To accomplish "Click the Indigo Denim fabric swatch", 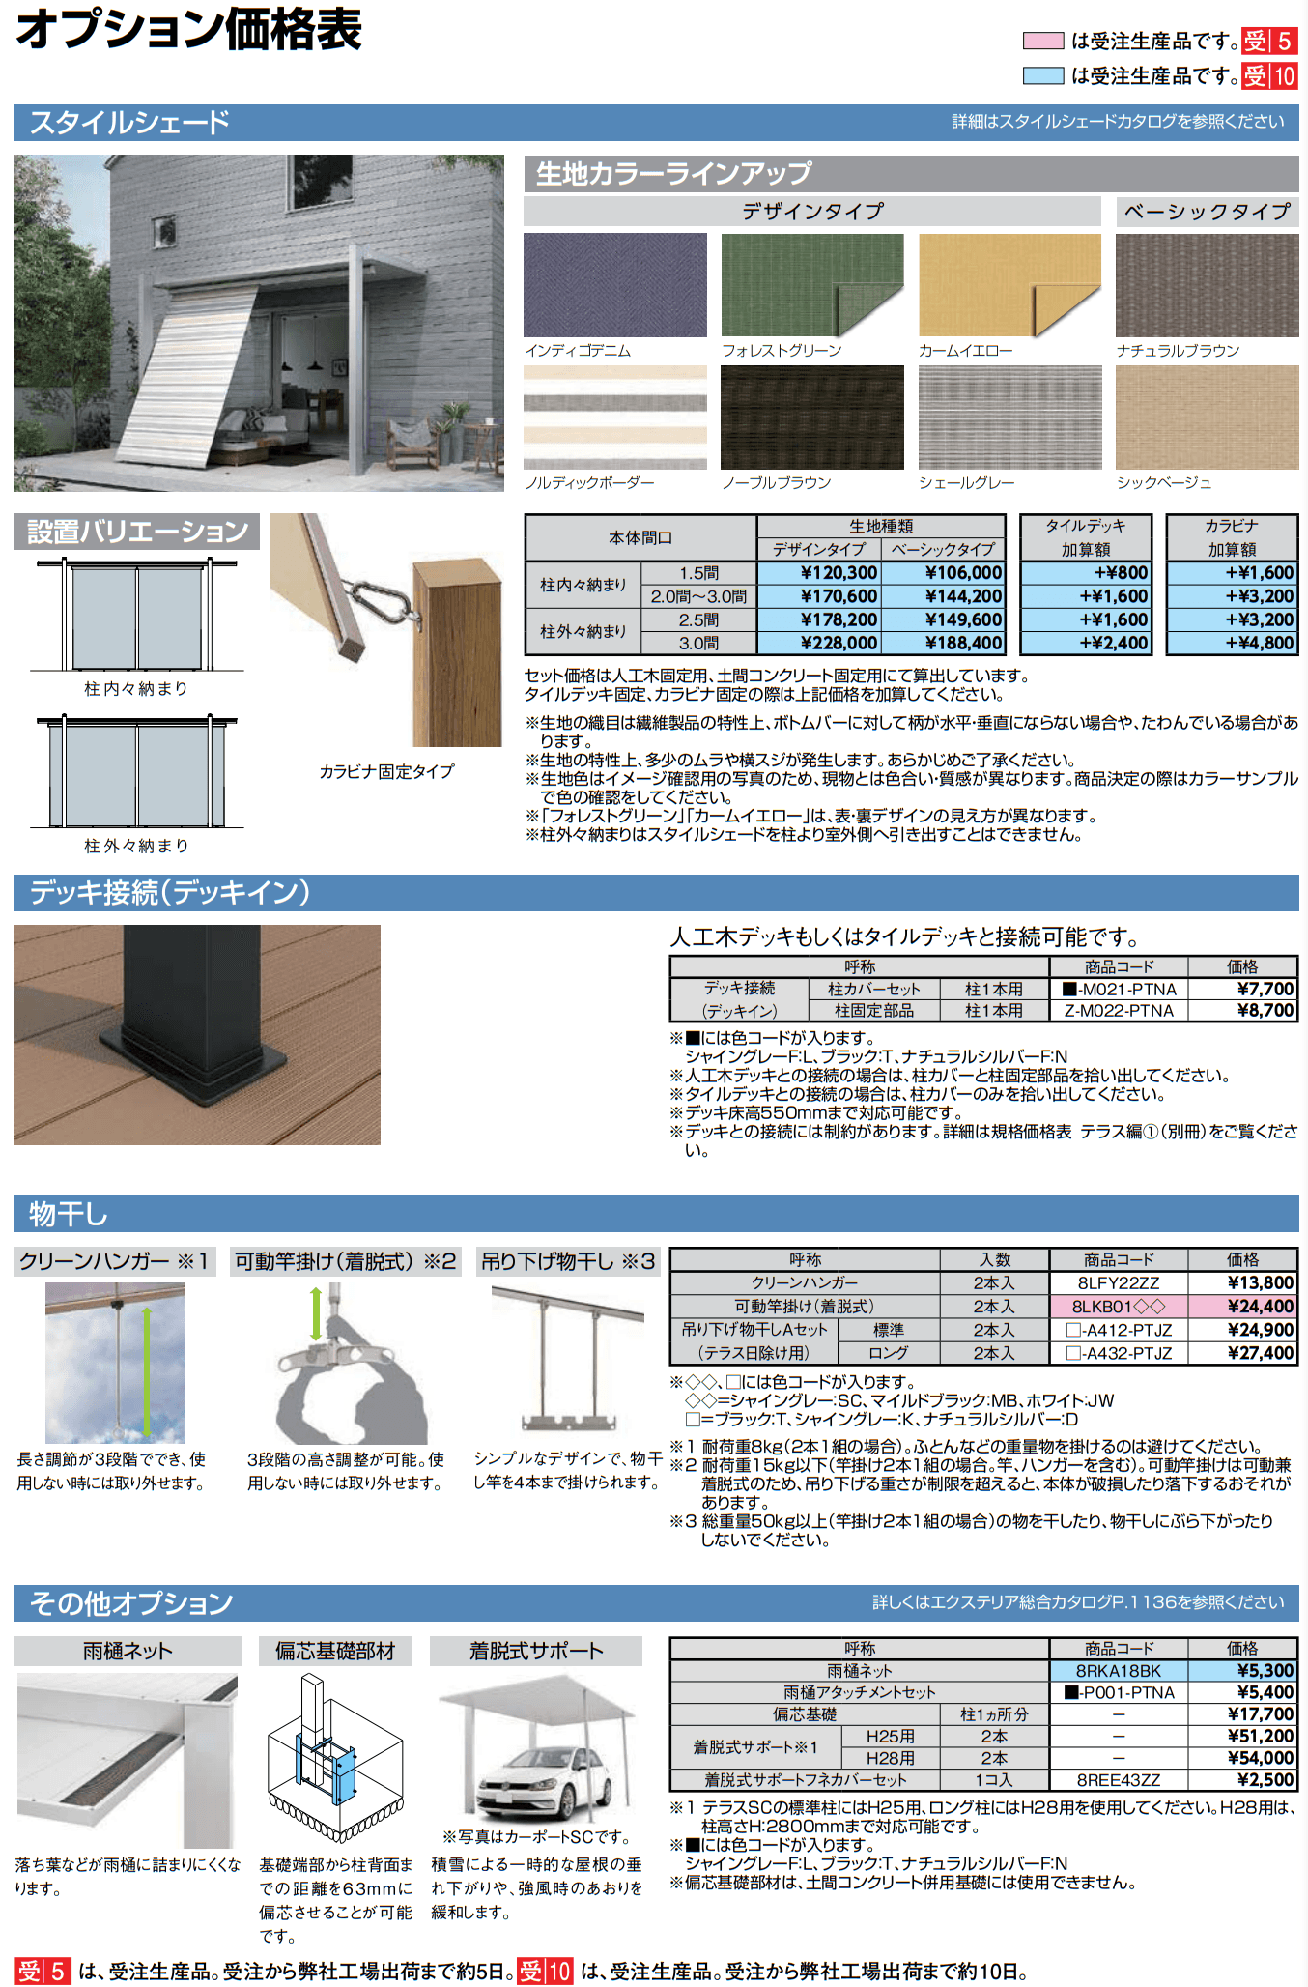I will click(614, 284).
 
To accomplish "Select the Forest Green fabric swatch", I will click(811, 284).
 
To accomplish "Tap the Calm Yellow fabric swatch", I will click(1009, 284).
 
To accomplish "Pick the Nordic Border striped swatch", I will click(614, 417).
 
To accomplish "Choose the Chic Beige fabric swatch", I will click(1207, 417).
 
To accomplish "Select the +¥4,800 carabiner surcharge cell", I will click(1233, 643).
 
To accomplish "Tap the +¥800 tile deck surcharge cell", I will click(1086, 573).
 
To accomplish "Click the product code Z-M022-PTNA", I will click(1118, 1011).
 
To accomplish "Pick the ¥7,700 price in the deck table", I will click(1242, 989).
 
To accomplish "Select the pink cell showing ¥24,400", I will click(1242, 1307).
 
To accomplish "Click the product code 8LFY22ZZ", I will click(1118, 1283).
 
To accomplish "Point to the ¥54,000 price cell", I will click(1242, 1758).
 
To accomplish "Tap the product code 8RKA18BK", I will click(1118, 1671).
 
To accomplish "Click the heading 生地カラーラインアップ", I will click(673, 174).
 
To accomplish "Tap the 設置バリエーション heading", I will click(137, 532).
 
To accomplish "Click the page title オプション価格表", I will click(189, 30).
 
